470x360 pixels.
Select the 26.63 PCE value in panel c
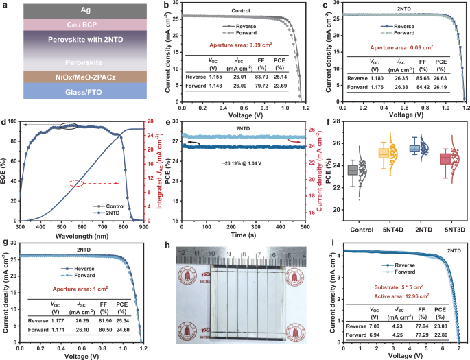[x=442, y=78]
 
